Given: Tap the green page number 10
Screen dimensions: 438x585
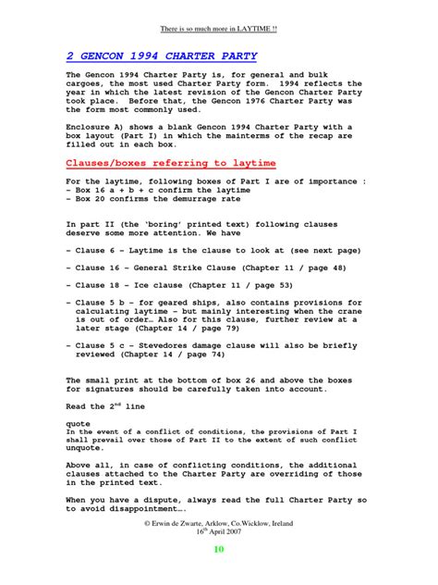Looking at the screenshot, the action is pos(219,549).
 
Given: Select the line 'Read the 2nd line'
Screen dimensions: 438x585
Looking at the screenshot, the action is pos(102,406).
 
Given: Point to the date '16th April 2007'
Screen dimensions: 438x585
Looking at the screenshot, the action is pos(219,532).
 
